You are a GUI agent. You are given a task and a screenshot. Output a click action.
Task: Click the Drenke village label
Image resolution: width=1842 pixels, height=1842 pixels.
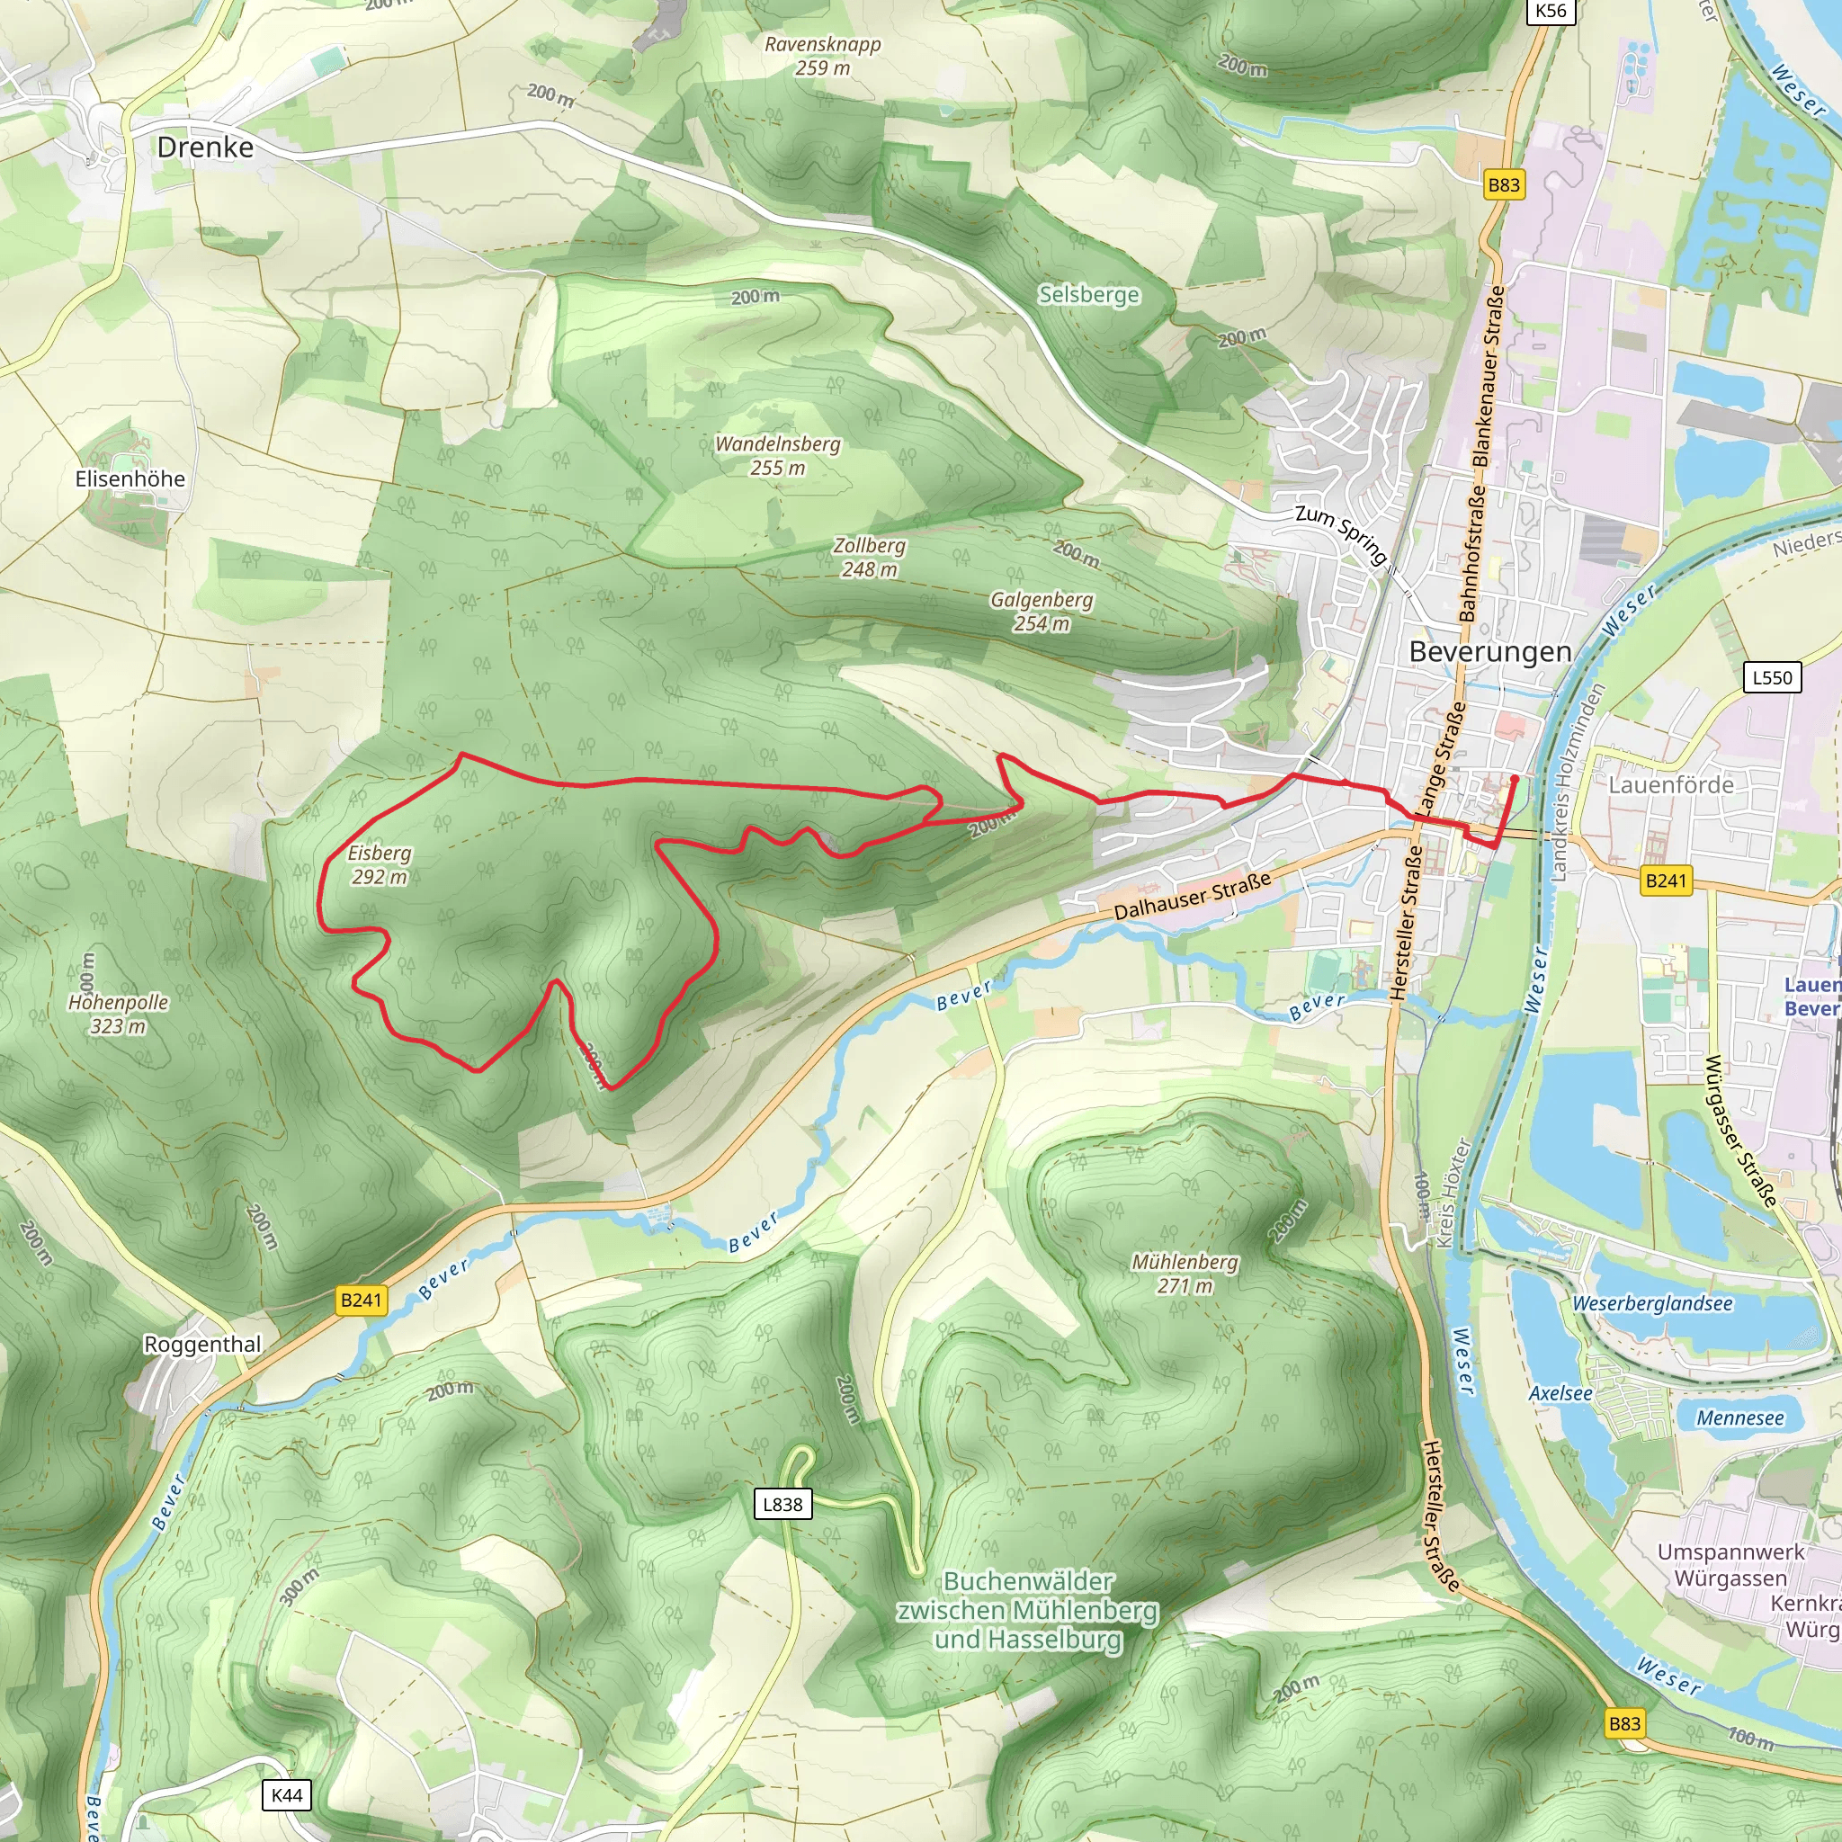click(205, 148)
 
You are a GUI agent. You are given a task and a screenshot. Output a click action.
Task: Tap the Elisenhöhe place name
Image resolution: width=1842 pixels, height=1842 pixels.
click(130, 478)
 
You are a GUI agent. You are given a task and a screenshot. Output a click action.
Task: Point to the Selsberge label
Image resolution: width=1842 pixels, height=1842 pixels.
click(1089, 295)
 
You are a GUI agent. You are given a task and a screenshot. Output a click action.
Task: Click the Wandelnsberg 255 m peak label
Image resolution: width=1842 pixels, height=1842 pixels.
click(778, 456)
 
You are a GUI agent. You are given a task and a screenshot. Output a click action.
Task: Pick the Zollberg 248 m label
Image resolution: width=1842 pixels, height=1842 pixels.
click(869, 558)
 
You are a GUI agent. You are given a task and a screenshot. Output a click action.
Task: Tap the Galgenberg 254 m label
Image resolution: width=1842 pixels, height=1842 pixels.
click(1042, 611)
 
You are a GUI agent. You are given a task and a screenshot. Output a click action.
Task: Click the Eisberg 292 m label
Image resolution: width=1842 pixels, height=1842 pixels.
click(380, 864)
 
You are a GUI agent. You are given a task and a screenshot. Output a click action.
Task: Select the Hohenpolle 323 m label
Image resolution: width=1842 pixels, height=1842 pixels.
click(118, 1014)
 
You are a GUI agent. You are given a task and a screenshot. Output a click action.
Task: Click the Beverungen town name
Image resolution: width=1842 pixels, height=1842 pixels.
click(1490, 652)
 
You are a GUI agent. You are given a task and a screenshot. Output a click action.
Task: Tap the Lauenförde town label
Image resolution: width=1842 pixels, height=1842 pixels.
click(1671, 784)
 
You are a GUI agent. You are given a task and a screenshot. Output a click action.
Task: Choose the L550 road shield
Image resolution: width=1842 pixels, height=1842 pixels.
click(1773, 678)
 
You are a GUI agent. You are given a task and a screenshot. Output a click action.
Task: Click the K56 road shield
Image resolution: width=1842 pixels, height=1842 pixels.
click(1551, 12)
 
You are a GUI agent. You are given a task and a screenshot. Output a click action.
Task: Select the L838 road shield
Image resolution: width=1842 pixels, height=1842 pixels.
click(782, 1505)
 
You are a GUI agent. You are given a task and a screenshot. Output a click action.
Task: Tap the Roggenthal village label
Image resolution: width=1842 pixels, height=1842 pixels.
click(202, 1345)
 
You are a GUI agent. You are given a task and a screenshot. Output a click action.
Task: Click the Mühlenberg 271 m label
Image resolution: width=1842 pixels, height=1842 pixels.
click(1185, 1274)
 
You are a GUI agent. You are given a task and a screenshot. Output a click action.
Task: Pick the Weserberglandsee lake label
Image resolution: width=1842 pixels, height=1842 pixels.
click(1652, 1303)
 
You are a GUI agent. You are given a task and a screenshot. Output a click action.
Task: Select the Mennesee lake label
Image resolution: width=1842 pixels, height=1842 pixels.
click(1740, 1417)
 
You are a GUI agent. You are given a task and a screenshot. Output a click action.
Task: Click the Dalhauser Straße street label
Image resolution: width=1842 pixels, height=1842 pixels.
click(1193, 895)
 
